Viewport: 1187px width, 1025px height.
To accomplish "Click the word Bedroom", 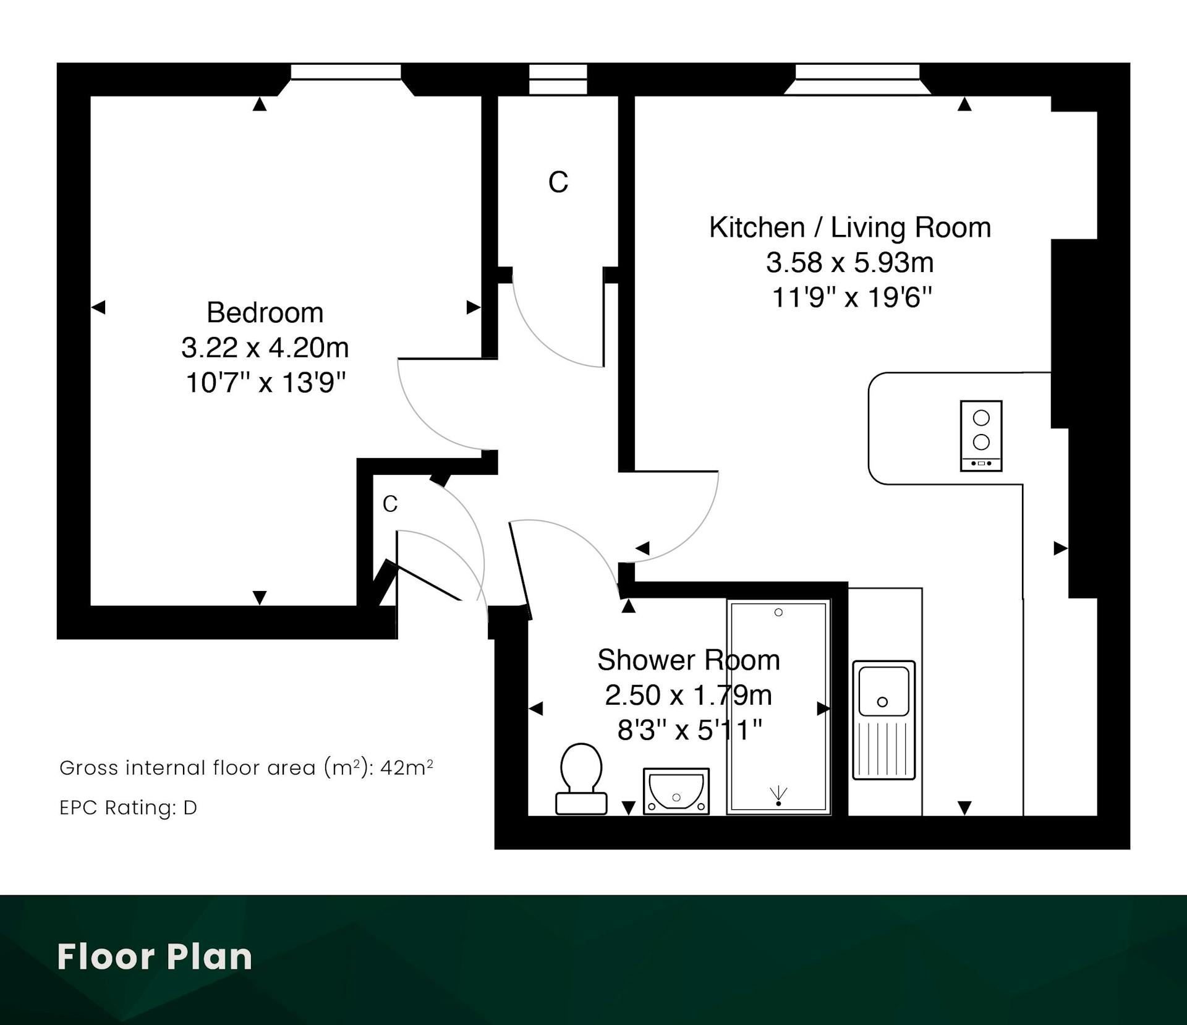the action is (x=265, y=312).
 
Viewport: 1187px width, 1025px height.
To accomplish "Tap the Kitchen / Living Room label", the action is (x=850, y=228).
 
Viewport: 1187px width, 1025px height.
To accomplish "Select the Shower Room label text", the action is (x=688, y=660).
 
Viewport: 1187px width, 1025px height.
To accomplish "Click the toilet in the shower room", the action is (x=581, y=778).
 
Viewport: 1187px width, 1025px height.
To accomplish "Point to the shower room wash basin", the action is (x=676, y=791).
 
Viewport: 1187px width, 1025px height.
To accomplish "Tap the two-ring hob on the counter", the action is (x=981, y=436).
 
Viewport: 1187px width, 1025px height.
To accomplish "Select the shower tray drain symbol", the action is (x=778, y=796).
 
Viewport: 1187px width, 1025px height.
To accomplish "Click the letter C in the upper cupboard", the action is (x=558, y=182).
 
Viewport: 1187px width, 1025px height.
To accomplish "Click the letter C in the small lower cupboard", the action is (x=389, y=504).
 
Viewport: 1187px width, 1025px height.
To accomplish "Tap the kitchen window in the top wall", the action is (x=857, y=72).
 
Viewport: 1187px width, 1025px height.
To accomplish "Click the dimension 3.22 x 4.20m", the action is (x=265, y=347).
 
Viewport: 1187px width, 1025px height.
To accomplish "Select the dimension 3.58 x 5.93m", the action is (x=850, y=263).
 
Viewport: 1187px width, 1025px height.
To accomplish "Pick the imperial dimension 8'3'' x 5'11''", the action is (x=689, y=730).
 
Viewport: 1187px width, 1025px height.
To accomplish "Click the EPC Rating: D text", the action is (x=129, y=807).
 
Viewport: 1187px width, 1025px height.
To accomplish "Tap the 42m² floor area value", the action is (x=406, y=767).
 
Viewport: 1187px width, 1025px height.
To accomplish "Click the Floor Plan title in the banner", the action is (x=155, y=957).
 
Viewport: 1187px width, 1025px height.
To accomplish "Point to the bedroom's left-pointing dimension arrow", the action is (x=98, y=307).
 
